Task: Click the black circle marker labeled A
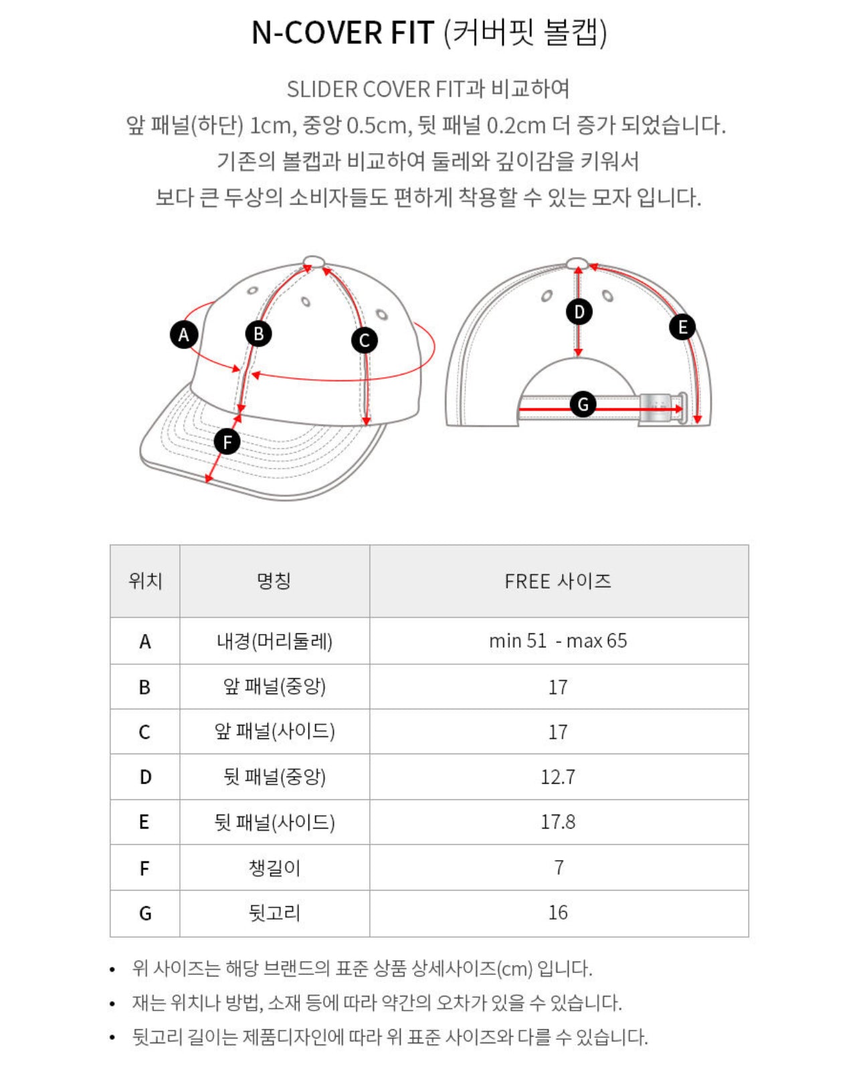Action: [184, 334]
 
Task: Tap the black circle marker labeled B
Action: [258, 333]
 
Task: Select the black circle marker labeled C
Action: [365, 340]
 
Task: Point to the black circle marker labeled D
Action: [579, 312]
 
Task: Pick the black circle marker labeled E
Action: [682, 327]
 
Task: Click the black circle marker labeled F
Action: [227, 442]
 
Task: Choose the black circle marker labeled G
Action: [583, 404]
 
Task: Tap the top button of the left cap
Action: [314, 261]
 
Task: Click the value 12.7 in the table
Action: [558, 777]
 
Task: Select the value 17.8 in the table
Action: [558, 822]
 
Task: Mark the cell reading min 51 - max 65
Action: [558, 641]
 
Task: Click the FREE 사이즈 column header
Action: [558, 581]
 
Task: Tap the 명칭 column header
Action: [274, 581]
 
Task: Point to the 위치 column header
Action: [145, 581]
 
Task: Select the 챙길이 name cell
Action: [274, 867]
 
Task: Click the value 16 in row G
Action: [558, 913]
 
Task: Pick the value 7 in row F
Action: [559, 867]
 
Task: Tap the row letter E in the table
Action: [145, 823]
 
